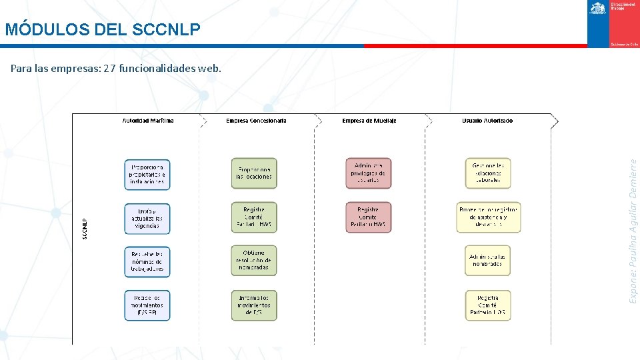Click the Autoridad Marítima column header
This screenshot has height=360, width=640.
pos(148,121)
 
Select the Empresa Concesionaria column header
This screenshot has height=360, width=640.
pos(257,121)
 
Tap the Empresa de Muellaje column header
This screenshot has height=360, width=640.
pos(369,121)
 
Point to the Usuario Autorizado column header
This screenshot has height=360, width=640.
pos(487,121)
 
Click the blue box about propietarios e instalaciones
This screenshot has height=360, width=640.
pos(147,173)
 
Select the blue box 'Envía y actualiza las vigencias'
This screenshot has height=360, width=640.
pos(147,219)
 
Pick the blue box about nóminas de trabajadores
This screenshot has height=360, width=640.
pos(147,261)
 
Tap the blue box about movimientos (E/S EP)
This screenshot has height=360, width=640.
pos(147,305)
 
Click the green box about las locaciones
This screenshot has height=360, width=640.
pos(254,173)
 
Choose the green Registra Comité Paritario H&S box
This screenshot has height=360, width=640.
pos(254,217)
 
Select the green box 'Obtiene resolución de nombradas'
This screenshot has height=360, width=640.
pos(254,260)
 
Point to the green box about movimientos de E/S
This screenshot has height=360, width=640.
pos(254,305)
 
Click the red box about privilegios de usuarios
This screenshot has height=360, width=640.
pos(368,173)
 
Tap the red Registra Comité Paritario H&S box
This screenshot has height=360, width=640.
pos(368,217)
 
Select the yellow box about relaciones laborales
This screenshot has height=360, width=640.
pos(487,173)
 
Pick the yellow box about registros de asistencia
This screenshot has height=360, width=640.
pos(489,217)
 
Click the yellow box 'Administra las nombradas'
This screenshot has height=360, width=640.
pos(487,260)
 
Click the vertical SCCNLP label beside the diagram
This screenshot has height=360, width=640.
pos(85,229)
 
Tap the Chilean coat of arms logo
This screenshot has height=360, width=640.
pos(597,8)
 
